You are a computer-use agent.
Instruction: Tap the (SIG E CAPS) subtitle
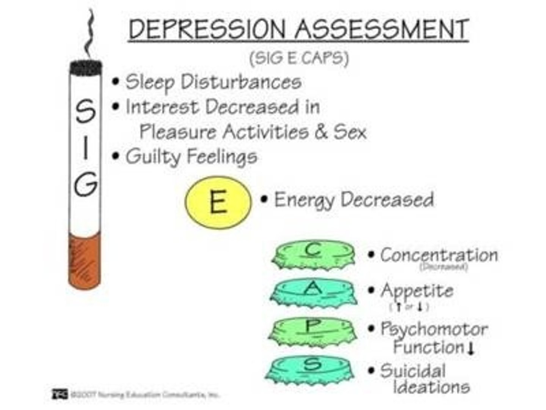click(299, 58)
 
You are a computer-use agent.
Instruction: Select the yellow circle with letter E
click(218, 202)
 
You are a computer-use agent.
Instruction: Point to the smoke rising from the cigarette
click(90, 34)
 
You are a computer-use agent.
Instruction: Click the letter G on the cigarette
click(86, 184)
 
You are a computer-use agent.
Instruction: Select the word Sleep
click(150, 82)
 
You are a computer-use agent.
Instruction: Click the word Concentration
click(439, 255)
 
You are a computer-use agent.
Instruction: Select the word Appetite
click(417, 291)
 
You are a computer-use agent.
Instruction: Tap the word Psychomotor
click(434, 329)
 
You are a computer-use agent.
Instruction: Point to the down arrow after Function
click(471, 348)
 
